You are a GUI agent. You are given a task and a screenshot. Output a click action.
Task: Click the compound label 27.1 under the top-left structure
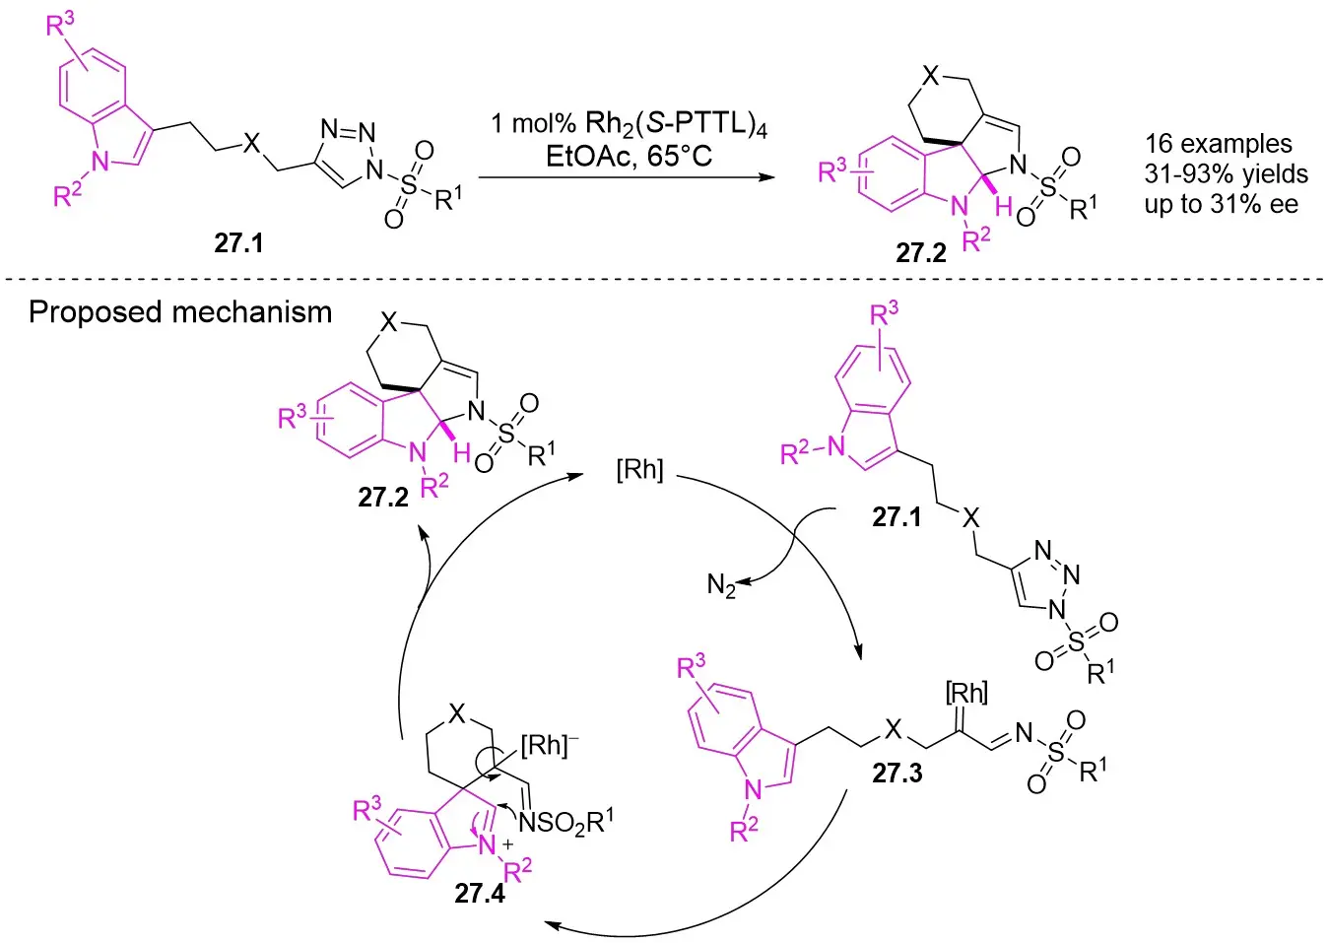238,242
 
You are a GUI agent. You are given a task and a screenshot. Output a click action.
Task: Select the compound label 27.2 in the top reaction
920,252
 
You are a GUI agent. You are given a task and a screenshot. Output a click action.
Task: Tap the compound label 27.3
896,773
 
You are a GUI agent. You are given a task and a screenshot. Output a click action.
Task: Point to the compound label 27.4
480,893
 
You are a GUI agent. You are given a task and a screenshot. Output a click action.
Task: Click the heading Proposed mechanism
180,312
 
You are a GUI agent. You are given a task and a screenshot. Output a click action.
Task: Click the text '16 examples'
1218,144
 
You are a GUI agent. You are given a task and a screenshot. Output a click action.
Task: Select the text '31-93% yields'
1226,174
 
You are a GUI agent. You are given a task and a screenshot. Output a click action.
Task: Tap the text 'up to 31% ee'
1221,205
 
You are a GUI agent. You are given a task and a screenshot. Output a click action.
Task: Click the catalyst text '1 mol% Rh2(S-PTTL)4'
629,125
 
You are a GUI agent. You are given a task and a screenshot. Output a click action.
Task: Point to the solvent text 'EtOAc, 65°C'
629,156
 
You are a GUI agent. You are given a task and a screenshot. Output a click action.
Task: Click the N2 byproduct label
721,586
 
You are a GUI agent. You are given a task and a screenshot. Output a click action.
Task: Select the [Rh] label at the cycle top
639,469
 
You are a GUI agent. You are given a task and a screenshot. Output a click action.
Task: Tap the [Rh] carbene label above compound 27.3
965,694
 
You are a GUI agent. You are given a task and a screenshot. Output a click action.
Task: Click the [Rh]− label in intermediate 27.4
549,745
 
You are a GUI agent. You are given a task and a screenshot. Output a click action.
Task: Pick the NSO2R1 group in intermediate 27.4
565,820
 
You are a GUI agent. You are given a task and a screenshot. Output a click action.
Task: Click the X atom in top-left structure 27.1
252,144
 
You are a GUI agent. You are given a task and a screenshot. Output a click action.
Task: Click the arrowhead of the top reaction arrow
764,177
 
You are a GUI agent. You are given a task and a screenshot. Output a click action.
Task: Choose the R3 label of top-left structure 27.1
60,24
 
